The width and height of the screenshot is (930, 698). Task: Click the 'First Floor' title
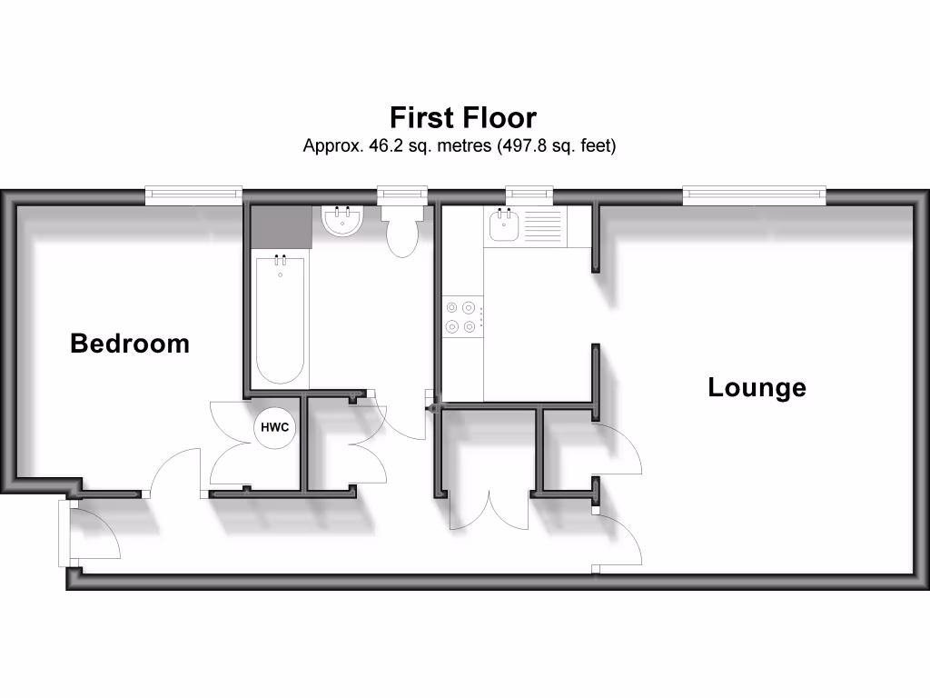point(463,117)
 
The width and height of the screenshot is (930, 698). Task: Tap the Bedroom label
point(130,344)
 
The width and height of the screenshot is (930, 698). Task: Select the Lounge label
point(757,388)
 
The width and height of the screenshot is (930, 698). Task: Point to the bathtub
point(280,320)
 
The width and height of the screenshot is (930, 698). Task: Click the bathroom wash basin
point(343,221)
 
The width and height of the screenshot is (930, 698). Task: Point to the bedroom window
point(193,193)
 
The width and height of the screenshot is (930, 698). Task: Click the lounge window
point(754,193)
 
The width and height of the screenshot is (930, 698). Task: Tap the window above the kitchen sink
point(529,193)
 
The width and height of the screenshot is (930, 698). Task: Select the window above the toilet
point(401,193)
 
